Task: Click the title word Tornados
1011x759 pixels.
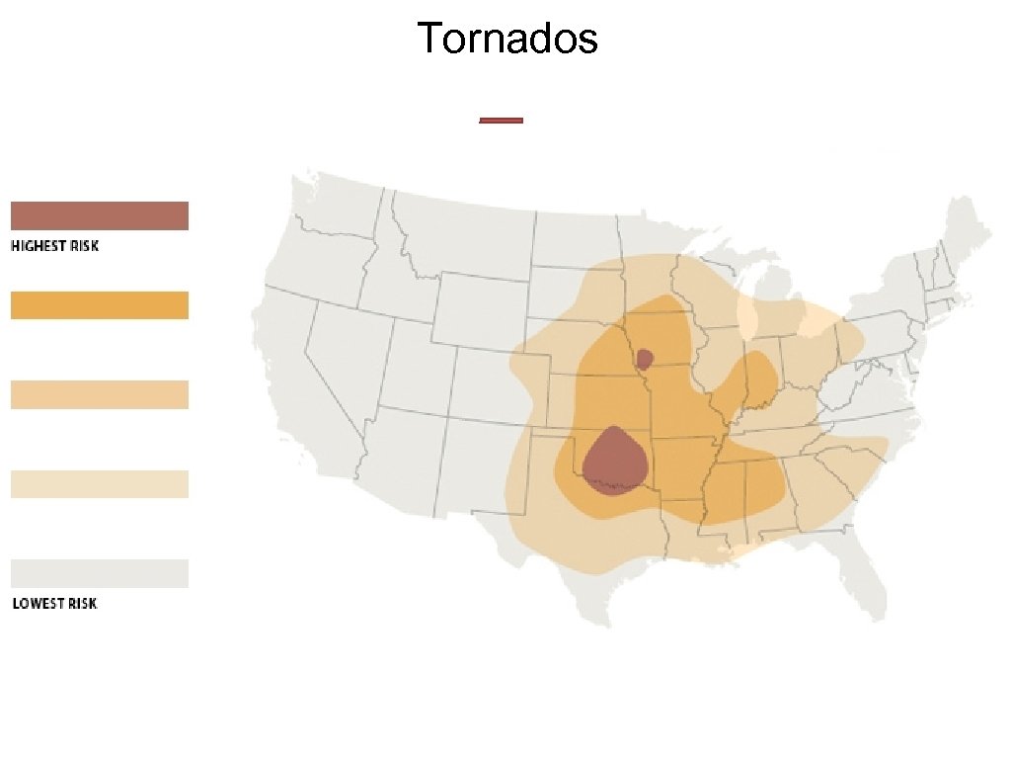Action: (506, 39)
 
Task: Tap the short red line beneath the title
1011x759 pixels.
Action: (501, 121)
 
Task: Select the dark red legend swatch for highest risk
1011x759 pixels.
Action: (99, 215)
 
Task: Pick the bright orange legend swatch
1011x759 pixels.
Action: (99, 305)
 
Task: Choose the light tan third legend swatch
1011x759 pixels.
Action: (99, 394)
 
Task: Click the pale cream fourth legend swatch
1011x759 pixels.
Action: (99, 484)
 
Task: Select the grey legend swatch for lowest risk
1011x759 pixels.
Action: (99, 573)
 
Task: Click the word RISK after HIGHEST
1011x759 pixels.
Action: (85, 246)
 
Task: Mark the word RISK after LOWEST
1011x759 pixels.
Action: (83, 603)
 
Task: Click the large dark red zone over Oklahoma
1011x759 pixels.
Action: (615, 461)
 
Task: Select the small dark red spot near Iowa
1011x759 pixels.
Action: (645, 358)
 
